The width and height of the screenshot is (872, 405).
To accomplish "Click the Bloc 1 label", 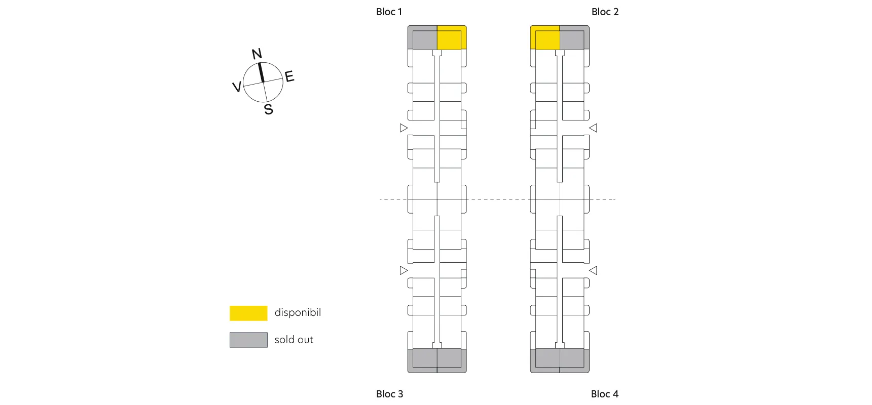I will tap(389, 12).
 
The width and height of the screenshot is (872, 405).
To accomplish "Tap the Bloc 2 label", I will tap(605, 12).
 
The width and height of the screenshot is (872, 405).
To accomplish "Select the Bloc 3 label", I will tap(389, 394).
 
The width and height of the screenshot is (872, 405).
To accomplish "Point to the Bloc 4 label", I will tap(604, 394).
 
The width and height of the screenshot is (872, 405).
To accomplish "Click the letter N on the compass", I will tap(257, 54).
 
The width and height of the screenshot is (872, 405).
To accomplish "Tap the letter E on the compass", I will tap(289, 76).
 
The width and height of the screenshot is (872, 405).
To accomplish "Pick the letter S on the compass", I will tap(269, 109).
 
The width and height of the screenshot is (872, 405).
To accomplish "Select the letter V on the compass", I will tap(236, 87).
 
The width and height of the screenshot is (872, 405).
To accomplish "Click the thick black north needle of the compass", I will tap(261, 72).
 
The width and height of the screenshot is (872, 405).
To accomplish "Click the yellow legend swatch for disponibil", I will tap(248, 313).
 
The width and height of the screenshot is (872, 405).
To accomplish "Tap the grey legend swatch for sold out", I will tap(248, 340).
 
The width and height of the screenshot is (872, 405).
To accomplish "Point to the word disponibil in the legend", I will tap(298, 312).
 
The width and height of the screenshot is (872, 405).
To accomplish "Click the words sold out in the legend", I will tap(294, 340).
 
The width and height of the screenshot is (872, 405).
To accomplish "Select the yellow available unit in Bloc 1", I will tap(451, 38).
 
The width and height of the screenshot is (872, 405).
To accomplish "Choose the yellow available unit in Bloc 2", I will tap(545, 38).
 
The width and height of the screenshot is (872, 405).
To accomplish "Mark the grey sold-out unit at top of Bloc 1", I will tap(422, 38).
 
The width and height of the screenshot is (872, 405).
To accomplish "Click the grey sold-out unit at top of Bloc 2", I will tap(574, 38).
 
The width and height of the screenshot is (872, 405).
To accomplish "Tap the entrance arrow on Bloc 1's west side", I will tap(404, 128).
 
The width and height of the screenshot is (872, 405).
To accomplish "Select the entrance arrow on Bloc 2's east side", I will tap(593, 128).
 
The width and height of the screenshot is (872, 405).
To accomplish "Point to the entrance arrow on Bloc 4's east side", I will tap(593, 270).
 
